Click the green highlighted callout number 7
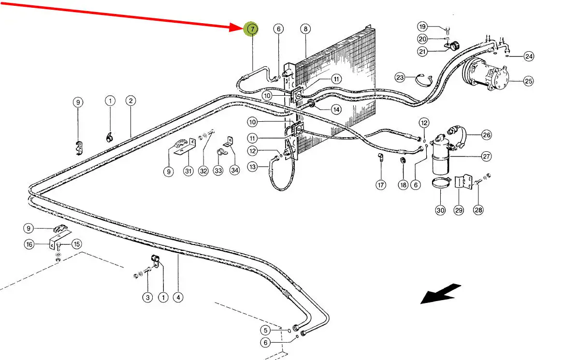point(252,29)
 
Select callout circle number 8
point(305,29)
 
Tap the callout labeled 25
point(528,81)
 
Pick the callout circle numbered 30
point(440,210)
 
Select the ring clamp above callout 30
point(441,184)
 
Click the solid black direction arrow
point(440,294)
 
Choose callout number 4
point(178,298)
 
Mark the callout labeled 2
point(130,101)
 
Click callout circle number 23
point(400,77)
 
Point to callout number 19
point(422,26)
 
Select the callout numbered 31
point(188,171)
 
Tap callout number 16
point(30,245)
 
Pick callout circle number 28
point(478,210)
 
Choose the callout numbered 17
point(381,185)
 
